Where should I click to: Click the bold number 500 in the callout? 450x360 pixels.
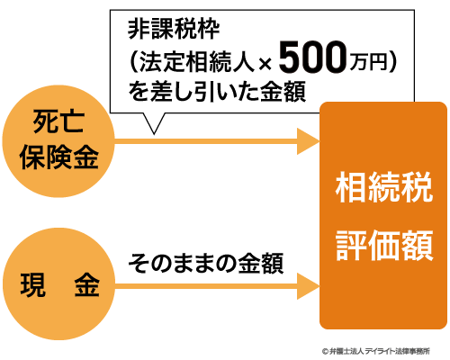pos(312,58)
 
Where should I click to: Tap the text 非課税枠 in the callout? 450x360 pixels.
pos(174,30)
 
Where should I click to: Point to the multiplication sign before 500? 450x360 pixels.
pos(265,64)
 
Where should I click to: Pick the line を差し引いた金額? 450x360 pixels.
pos(217,91)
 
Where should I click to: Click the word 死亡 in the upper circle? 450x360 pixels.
pos(58,121)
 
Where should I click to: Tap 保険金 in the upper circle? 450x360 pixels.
pos(59,157)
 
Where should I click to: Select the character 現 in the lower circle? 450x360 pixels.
pos(33,285)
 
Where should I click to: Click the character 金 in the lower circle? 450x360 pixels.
pos(87,285)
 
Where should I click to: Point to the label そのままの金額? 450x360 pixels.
pos(206,263)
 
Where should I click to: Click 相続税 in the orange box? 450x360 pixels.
pos(384,187)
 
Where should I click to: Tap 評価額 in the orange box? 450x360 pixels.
pos(384,245)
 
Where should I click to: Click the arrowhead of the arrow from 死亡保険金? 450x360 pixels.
pos(309,141)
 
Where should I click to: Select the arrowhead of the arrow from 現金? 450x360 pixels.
pos(309,286)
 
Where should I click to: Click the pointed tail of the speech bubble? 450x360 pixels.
pos(154,133)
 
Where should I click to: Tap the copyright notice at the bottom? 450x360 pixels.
pos(376,351)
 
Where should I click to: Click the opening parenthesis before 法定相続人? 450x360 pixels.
pos(134,62)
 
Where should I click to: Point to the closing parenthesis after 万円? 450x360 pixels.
pos(392,62)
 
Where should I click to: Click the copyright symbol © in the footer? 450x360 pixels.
pos(325,351)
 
